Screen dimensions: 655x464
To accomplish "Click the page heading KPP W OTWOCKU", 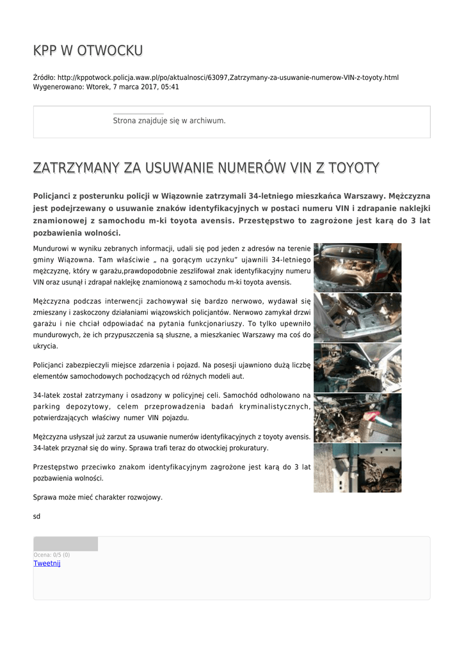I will pyautogui.click(x=88, y=51).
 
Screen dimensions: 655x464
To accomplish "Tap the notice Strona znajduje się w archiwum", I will pyautogui.click(x=169, y=120).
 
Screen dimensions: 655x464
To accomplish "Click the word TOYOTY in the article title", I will pyautogui.click(x=353, y=168).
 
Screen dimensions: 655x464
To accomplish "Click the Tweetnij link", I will pyautogui.click(x=47, y=563).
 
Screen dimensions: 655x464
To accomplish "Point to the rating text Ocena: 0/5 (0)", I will pyautogui.click(x=51, y=555).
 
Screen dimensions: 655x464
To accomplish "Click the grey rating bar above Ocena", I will pyautogui.click(x=65, y=544).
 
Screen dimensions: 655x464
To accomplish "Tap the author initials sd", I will pyautogui.click(x=36, y=516).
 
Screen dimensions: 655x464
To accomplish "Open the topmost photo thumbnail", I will pyautogui.click(x=357, y=267).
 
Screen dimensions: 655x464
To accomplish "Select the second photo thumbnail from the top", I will pyautogui.click(x=357, y=317).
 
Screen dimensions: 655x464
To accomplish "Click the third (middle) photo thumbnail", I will pyautogui.click(x=357, y=367).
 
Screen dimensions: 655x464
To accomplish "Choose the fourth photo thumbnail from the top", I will pyautogui.click(x=357, y=417).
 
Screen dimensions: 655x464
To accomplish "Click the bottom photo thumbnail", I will pyautogui.click(x=357, y=468).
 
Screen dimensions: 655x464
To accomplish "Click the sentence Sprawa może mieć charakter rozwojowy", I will pyautogui.click(x=97, y=497).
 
